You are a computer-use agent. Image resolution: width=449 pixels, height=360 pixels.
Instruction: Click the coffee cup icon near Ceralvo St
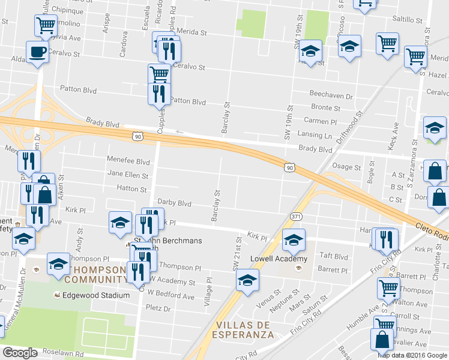(38, 51)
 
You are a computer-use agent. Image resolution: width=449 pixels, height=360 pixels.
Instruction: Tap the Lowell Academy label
(283, 259)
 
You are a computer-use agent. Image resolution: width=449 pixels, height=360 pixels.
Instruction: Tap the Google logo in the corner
(20, 352)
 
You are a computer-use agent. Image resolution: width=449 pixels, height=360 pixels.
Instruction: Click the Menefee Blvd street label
(128, 161)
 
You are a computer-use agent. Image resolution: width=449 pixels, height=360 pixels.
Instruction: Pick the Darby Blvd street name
(174, 203)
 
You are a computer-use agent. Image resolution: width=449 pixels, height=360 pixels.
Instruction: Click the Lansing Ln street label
(315, 136)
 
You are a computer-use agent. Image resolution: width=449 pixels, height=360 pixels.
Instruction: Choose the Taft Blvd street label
(334, 256)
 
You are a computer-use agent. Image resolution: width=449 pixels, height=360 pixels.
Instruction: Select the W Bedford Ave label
(172, 296)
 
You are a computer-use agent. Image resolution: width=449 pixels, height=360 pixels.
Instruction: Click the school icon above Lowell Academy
(294, 239)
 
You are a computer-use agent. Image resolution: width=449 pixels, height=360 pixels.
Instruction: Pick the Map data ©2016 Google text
(412, 355)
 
